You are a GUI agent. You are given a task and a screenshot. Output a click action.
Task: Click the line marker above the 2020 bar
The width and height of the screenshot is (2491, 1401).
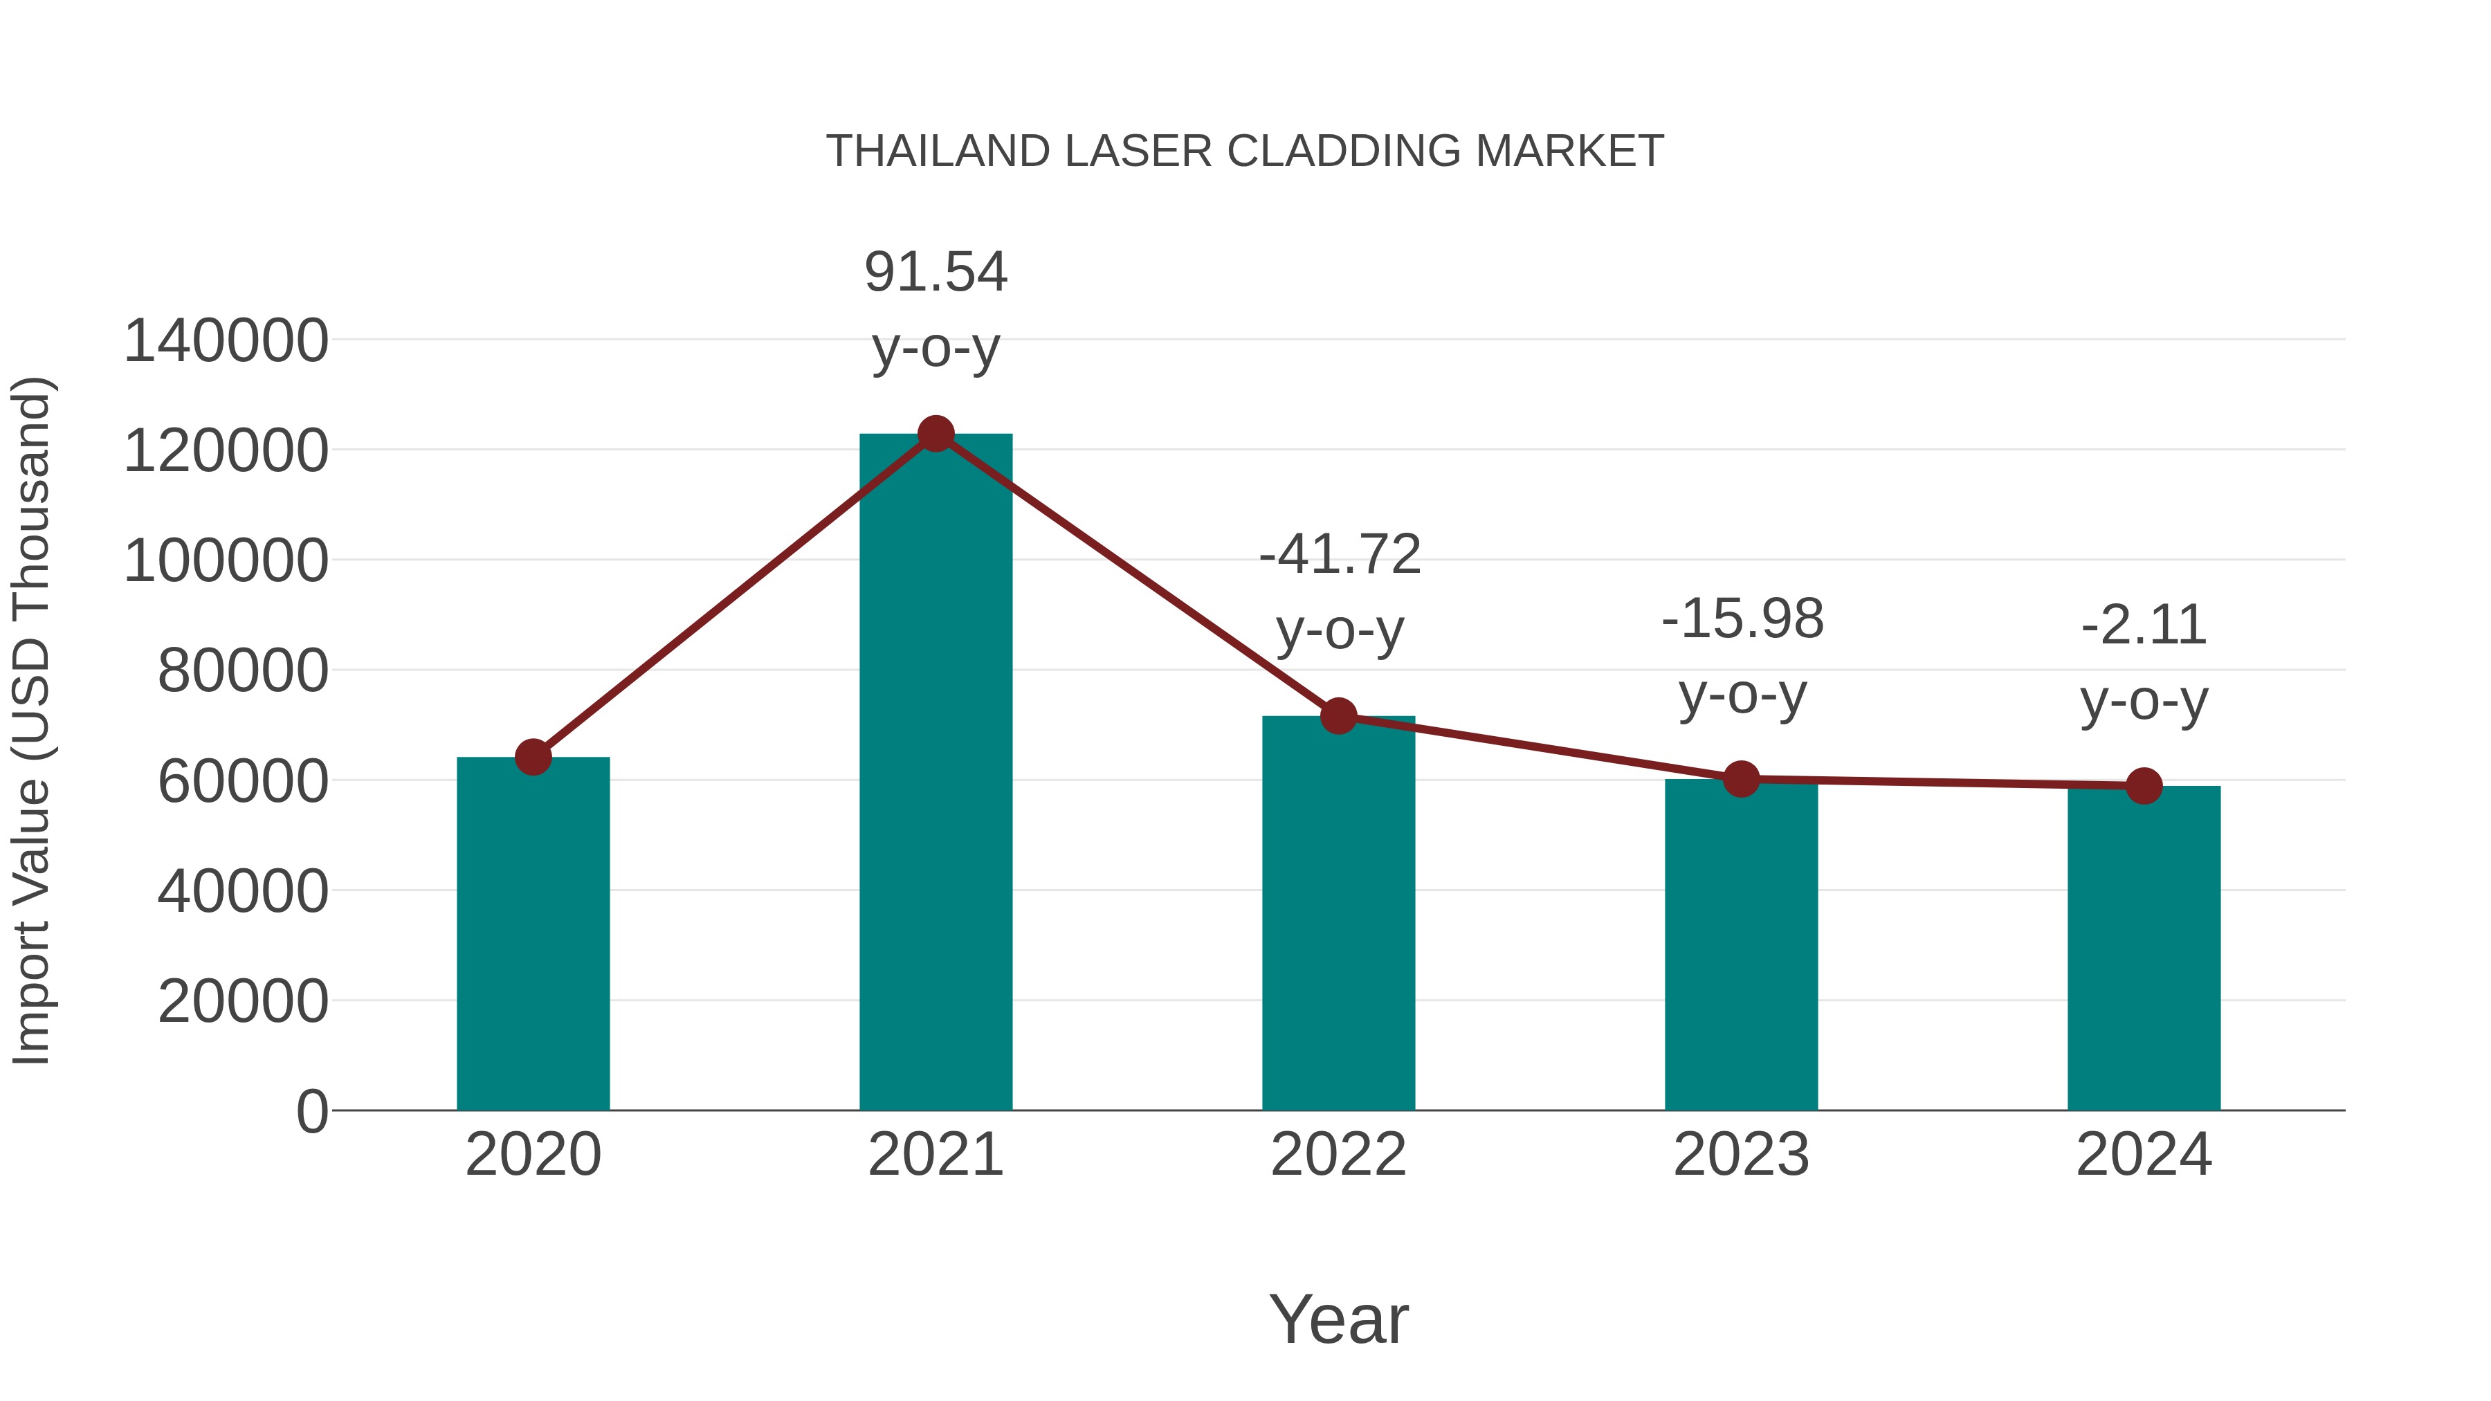(x=533, y=757)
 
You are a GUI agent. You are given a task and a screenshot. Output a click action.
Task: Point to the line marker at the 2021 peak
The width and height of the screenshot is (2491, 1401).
(x=935, y=434)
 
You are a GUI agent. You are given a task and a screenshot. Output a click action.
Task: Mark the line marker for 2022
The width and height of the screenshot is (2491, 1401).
(x=1338, y=717)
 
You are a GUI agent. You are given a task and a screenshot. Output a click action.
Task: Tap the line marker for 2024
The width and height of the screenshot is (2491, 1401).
(x=2144, y=786)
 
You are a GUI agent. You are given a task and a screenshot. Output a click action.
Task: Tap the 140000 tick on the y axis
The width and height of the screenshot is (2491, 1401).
(x=226, y=341)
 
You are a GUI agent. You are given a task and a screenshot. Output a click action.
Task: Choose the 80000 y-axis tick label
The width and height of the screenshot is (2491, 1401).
(x=243, y=671)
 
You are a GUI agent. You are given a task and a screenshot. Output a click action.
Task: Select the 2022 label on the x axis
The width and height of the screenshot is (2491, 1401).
(x=1338, y=1155)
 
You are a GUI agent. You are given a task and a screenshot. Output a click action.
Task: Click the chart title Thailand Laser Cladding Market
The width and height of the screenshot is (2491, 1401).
(x=1245, y=152)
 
